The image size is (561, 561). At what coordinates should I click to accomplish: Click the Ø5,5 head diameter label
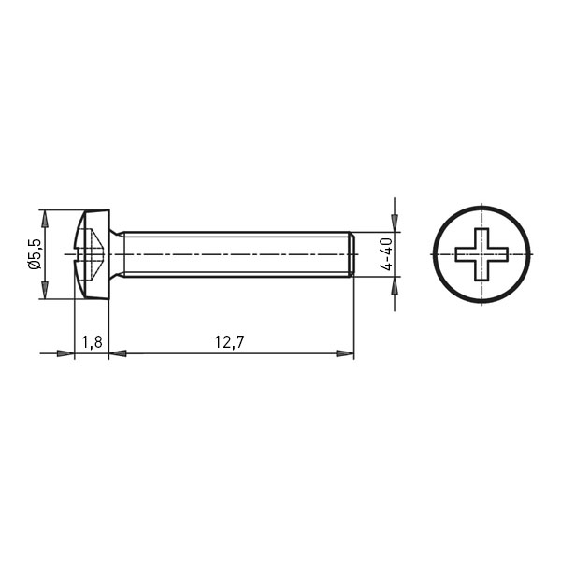coord(35,254)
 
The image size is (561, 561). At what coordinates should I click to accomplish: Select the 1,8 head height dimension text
coord(93,342)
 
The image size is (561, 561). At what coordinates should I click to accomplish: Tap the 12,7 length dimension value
coord(229,342)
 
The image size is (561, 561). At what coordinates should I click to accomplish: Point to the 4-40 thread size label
coord(386,254)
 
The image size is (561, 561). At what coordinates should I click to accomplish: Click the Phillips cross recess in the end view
coord(482,254)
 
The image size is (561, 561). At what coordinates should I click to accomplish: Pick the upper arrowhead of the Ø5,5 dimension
coord(44,219)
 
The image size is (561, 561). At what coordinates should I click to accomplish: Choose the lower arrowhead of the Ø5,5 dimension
coord(44,290)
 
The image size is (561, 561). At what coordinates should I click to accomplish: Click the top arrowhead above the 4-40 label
coord(395,223)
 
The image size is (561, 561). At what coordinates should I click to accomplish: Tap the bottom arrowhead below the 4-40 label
coord(395,285)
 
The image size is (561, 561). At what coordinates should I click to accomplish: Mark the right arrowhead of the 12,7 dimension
coord(345,353)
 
